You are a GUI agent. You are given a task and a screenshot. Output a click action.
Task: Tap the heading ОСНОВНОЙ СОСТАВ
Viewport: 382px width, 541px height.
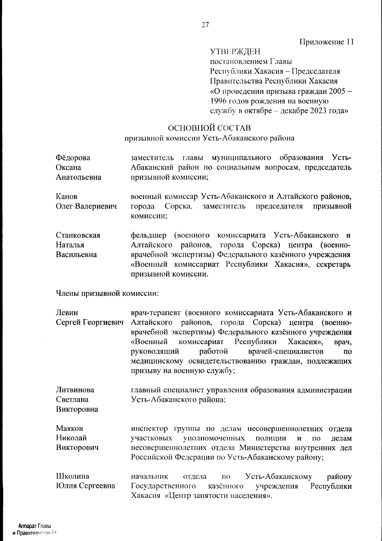[209, 128]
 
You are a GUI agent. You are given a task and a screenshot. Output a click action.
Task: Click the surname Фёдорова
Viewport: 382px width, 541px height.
[73, 158]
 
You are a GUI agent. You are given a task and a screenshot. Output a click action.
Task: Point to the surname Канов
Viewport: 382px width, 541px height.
[67, 197]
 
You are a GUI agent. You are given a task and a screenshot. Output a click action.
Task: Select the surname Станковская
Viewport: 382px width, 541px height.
[78, 235]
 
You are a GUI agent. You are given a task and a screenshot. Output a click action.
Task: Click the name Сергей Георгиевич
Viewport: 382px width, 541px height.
[89, 322]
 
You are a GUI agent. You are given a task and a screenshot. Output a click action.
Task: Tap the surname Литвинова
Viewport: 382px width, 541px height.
[75, 390]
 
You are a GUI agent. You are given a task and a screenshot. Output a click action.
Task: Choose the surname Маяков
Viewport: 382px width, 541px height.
[69, 428]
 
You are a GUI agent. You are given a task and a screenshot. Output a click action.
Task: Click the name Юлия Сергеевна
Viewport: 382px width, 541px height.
[85, 486]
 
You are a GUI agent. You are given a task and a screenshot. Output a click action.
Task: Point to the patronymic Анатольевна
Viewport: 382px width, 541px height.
[79, 177]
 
